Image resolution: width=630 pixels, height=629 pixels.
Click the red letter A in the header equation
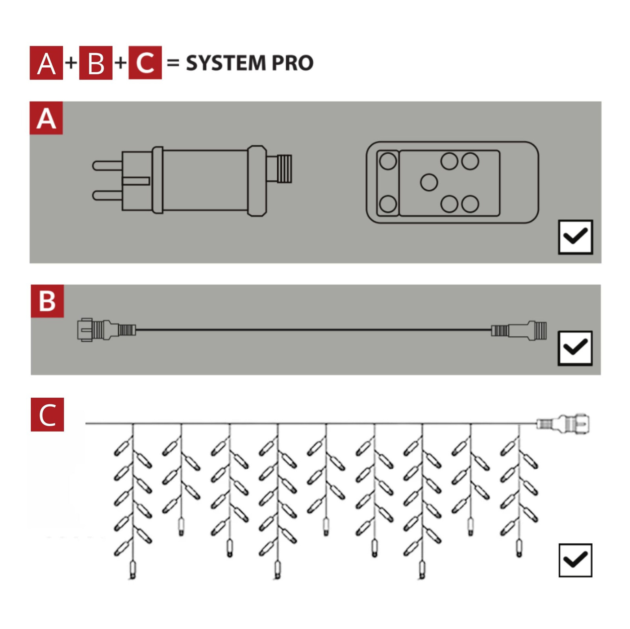46,63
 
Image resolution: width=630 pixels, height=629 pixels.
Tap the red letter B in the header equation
96,63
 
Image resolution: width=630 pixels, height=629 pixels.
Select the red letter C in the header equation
145,63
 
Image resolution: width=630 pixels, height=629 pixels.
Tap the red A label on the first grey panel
46,118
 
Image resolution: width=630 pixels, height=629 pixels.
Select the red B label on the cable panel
47,301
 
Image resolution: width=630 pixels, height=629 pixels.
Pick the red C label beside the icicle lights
47,415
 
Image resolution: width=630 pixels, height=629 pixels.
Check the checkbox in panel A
575,237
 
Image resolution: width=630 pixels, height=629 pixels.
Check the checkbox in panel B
575,348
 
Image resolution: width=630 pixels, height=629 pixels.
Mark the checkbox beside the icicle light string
575,560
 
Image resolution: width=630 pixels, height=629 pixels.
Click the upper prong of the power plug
107,165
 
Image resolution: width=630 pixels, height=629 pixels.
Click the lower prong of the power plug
107,196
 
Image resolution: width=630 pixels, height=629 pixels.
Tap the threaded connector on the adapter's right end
279,169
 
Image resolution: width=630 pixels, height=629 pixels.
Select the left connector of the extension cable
107,330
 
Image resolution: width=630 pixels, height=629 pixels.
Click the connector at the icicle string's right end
563,424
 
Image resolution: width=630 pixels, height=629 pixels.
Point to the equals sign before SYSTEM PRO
173,63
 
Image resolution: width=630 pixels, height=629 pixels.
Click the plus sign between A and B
71,63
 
